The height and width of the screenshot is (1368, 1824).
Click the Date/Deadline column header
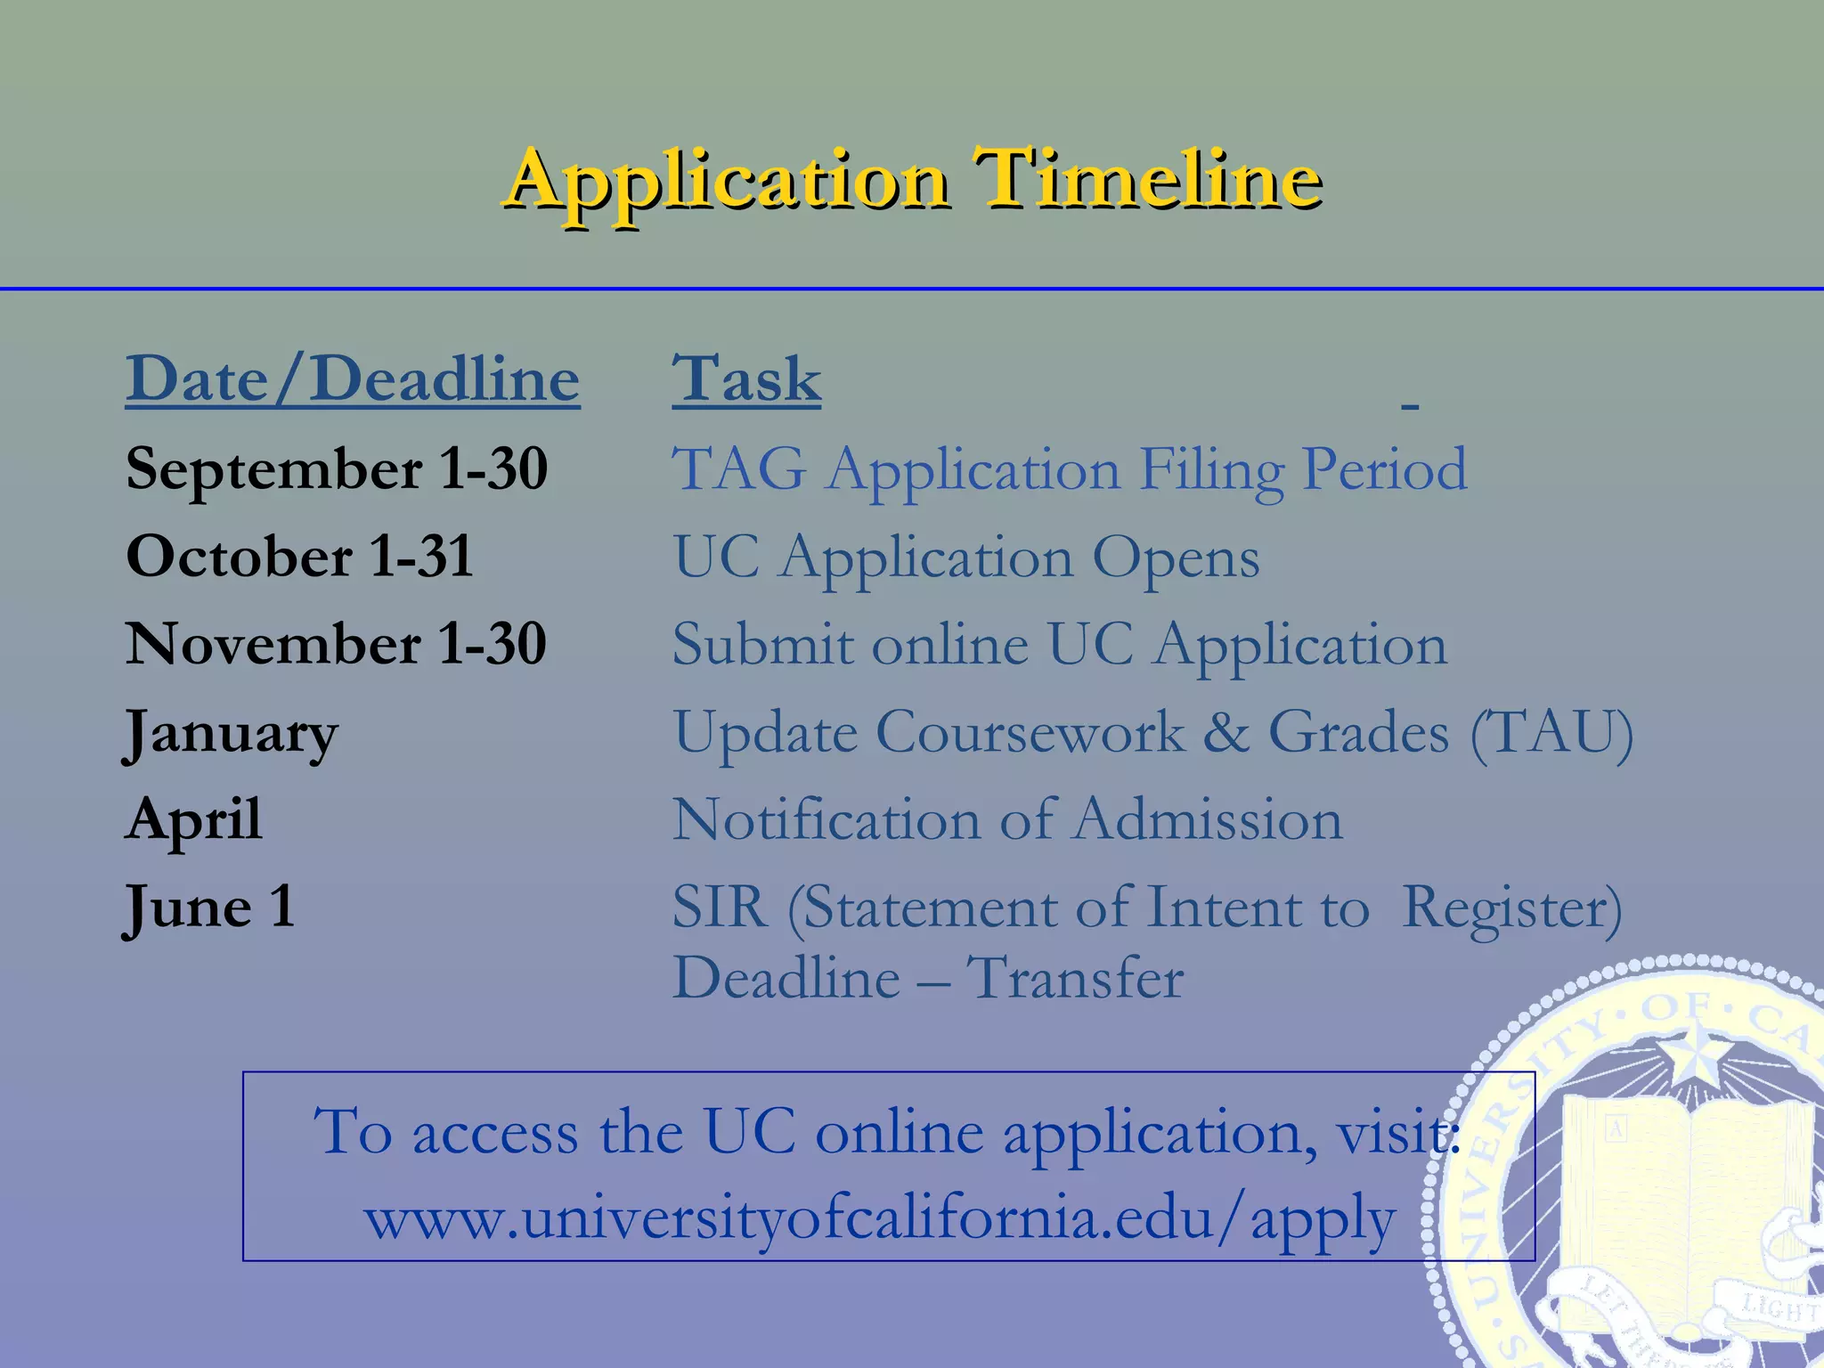click(x=353, y=379)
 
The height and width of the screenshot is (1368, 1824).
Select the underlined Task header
click(x=746, y=379)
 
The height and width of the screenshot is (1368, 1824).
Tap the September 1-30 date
click(x=337, y=468)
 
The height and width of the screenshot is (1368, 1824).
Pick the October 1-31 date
click(x=299, y=557)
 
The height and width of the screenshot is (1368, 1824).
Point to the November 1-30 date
click(x=336, y=644)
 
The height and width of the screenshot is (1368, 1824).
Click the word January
click(x=231, y=733)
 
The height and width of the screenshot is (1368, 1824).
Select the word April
click(x=193, y=819)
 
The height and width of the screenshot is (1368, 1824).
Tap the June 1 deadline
click(x=209, y=907)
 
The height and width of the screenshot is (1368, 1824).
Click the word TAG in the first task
click(x=738, y=468)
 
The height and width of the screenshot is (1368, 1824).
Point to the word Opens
click(x=1176, y=558)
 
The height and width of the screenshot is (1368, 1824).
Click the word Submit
click(x=762, y=644)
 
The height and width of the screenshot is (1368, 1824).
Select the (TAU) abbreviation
click(x=1551, y=733)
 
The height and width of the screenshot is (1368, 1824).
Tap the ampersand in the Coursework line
click(x=1225, y=733)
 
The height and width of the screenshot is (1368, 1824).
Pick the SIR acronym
click(x=719, y=908)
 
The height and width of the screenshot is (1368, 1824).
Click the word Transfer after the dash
click(x=1075, y=978)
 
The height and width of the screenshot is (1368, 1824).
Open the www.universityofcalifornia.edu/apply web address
click(x=879, y=1218)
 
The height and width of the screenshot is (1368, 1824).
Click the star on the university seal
click(x=1690, y=1056)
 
